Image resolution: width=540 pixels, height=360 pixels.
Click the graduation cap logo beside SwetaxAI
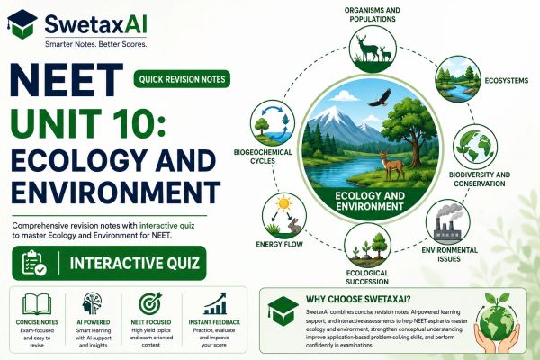click(x=22, y=24)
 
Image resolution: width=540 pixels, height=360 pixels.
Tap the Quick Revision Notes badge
click(x=182, y=79)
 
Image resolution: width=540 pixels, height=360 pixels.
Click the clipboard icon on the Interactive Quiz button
click(x=34, y=263)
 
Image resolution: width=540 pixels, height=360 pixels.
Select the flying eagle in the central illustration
click(x=381, y=98)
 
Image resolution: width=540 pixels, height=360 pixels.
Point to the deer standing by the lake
click(x=392, y=165)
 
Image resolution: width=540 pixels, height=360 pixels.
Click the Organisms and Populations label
click(x=373, y=14)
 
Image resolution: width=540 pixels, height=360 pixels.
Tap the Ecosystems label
click(x=506, y=81)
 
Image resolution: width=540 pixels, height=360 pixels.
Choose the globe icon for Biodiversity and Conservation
click(x=475, y=147)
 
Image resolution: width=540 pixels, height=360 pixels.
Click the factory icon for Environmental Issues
click(x=447, y=222)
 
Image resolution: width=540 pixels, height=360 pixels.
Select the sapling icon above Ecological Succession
click(x=367, y=246)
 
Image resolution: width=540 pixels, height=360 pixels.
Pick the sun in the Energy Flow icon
click(x=284, y=203)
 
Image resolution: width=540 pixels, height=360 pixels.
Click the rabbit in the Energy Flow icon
click(x=295, y=226)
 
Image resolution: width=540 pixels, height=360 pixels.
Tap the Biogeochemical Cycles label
click(x=263, y=157)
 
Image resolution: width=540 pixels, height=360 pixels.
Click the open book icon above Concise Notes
click(x=37, y=304)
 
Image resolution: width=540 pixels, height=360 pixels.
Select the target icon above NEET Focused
click(x=150, y=303)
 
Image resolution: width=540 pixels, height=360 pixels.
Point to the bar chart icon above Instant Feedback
click(x=215, y=303)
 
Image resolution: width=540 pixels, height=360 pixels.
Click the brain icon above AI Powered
click(x=92, y=303)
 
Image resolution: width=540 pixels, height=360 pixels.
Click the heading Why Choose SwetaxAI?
click(x=358, y=299)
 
